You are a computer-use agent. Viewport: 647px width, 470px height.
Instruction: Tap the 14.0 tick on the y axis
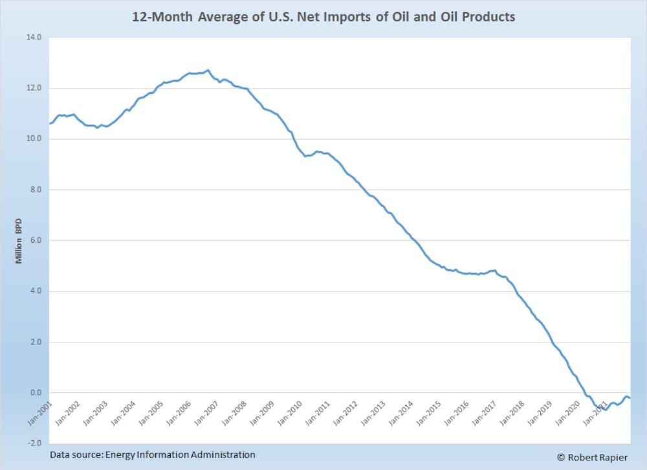[x=33, y=38]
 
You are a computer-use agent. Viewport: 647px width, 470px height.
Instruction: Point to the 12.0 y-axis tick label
[x=33, y=88]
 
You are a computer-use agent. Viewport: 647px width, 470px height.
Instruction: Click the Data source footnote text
[x=153, y=454]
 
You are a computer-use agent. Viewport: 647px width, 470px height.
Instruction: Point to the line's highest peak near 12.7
[x=207, y=70]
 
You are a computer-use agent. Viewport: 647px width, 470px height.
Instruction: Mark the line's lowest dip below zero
[x=606, y=409]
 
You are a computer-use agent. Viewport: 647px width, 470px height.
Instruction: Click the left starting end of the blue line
[x=50, y=124]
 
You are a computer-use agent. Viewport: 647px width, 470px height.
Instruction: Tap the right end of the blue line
[x=630, y=397]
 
